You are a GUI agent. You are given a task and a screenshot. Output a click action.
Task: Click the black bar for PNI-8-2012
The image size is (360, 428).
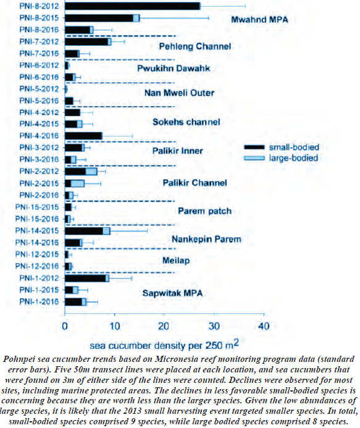pos(132,6)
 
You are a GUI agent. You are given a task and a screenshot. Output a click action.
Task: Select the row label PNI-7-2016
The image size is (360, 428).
pos(39,54)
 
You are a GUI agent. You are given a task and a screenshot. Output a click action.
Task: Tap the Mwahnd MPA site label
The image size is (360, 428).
pos(259,20)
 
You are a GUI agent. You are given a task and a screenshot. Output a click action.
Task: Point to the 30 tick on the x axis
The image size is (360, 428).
pos(214,326)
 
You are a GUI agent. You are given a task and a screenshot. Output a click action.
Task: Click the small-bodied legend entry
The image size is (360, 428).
pos(282,147)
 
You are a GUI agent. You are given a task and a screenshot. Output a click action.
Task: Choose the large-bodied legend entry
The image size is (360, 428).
pos(281,158)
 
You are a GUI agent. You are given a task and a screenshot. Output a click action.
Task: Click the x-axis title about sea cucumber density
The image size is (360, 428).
pos(164,345)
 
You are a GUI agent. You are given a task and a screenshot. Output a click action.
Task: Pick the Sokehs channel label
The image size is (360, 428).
pos(186,122)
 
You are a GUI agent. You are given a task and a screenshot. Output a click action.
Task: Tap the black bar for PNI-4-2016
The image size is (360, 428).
pos(83,136)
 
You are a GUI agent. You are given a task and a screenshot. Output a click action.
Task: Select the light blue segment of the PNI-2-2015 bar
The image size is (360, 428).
pos(78,183)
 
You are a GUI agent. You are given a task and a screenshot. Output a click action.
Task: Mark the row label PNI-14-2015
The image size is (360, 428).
pos(37,231)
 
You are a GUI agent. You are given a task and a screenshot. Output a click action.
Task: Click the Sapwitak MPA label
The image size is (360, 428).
pos(172,293)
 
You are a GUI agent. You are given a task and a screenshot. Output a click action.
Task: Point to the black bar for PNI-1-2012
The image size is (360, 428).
pos(85,278)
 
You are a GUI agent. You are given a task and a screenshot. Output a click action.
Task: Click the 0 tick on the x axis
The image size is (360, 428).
pos(65,326)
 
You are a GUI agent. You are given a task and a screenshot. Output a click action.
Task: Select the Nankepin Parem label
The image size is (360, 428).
pos(206,240)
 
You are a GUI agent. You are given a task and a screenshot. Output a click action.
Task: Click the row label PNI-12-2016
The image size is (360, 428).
pos(37,266)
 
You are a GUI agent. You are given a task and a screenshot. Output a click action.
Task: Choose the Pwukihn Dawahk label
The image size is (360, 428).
pos(174,68)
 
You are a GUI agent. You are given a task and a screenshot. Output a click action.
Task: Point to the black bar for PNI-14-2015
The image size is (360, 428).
pos(84,231)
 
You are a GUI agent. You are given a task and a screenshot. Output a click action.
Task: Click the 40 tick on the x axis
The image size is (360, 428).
pos(264,326)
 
